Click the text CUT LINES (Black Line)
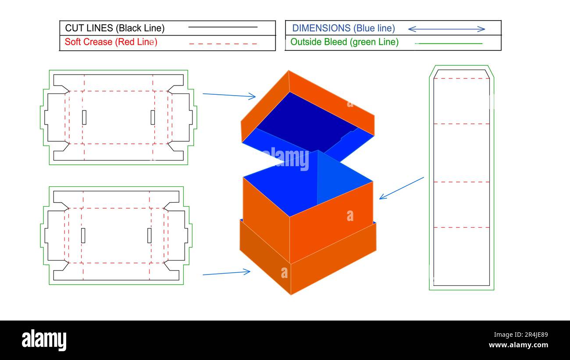(115, 28)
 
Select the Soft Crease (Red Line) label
(111, 42)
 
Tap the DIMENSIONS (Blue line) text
(343, 28)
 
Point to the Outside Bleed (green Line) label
(344, 42)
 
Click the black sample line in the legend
(223, 27)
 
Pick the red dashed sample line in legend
(223, 44)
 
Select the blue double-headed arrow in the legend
(446, 29)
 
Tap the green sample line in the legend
(448, 43)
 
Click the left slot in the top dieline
(84, 117)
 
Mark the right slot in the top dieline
(153, 117)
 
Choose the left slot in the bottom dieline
(83, 235)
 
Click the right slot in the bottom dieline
(149, 235)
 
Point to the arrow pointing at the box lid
(229, 95)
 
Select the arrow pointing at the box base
(226, 273)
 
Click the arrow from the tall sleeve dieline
(401, 188)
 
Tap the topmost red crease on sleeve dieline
(461, 78)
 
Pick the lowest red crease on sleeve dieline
(461, 227)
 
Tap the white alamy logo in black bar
(44, 340)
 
